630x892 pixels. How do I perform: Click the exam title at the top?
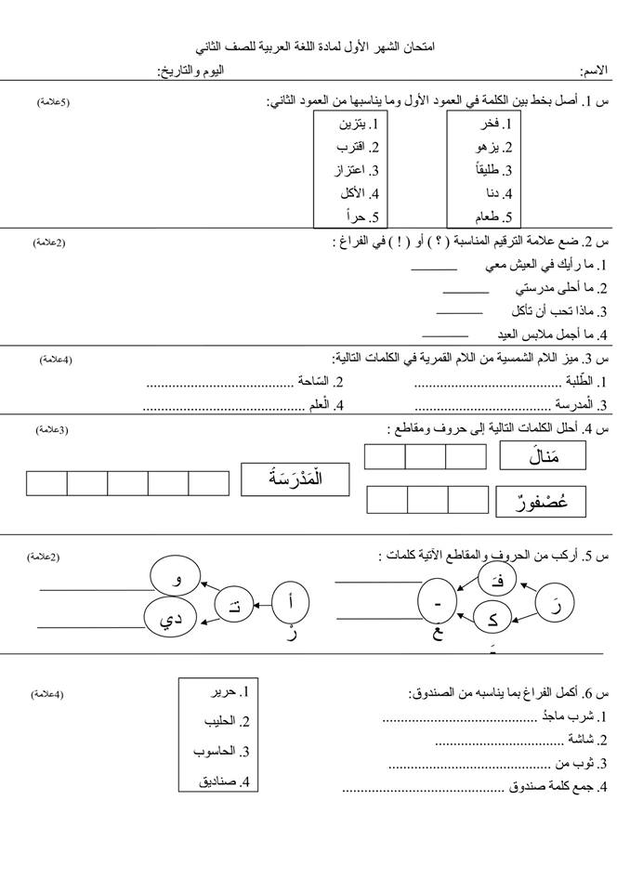click(x=316, y=46)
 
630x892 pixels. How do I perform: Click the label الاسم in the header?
click(x=595, y=71)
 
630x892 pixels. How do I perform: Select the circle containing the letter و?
click(x=177, y=581)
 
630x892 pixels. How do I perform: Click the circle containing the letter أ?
click(x=294, y=603)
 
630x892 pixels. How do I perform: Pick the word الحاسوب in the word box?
click(x=222, y=751)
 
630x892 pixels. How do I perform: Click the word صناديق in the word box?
click(x=224, y=781)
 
